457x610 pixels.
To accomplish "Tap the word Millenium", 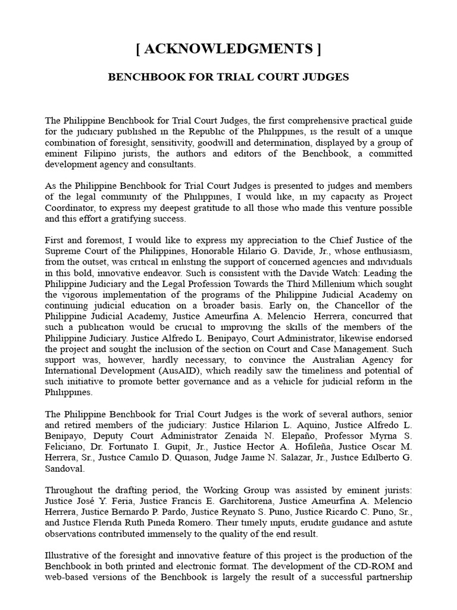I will pyautogui.click(x=299, y=284).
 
